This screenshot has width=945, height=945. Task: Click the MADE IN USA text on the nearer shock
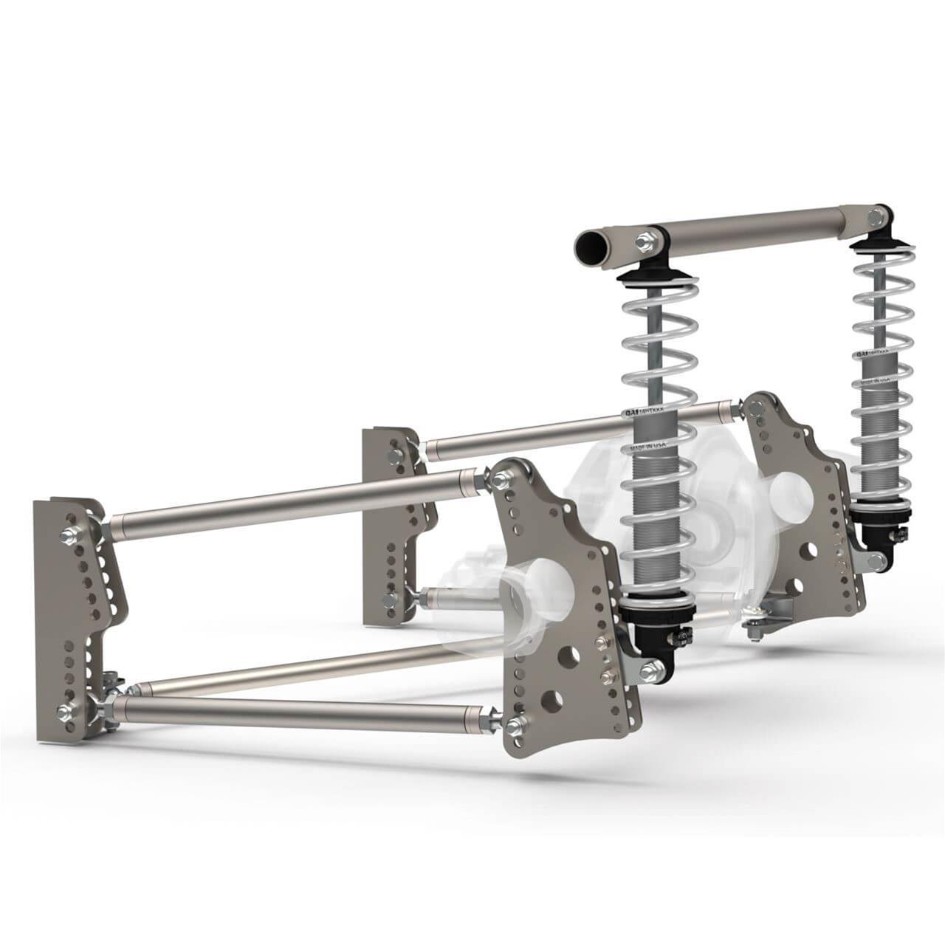[647, 444]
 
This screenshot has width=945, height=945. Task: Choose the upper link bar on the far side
[576, 426]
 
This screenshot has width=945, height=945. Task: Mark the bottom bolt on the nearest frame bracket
[66, 712]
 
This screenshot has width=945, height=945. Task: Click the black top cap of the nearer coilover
[654, 278]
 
